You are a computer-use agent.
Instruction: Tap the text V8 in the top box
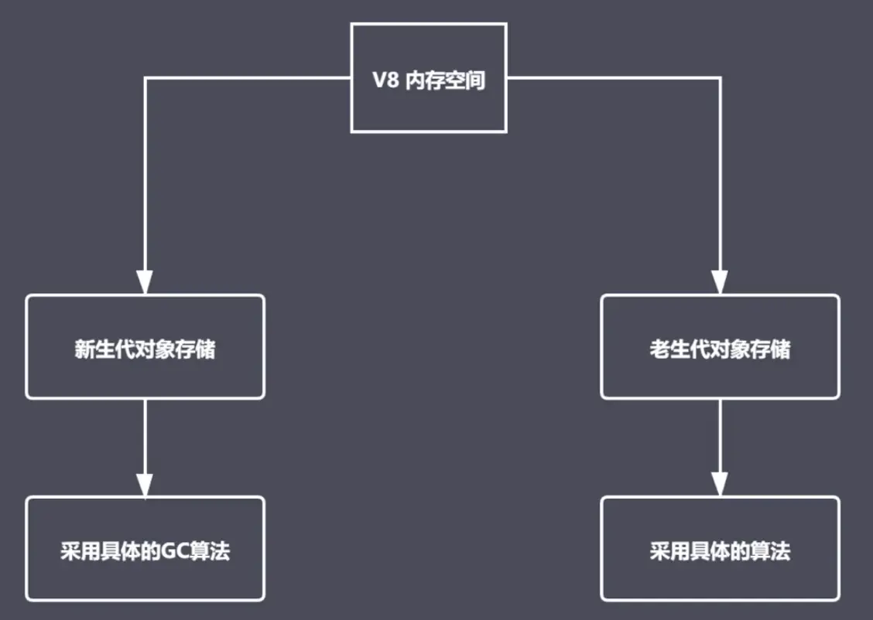(386, 80)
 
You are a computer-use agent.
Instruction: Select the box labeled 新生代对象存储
(145, 346)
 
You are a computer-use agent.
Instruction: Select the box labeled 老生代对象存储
(720, 346)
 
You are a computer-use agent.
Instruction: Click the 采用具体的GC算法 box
(145, 549)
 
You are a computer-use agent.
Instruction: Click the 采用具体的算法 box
(720, 549)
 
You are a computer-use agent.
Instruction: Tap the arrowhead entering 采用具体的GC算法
(145, 485)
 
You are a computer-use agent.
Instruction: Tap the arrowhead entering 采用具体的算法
(720, 485)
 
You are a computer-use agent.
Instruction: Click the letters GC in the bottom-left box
(174, 552)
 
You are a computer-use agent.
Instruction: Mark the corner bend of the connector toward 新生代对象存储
(145, 78)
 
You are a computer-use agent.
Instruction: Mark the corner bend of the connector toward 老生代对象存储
(720, 78)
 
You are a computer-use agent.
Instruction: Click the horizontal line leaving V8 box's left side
(248, 78)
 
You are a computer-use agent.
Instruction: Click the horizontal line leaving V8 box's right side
(611, 78)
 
